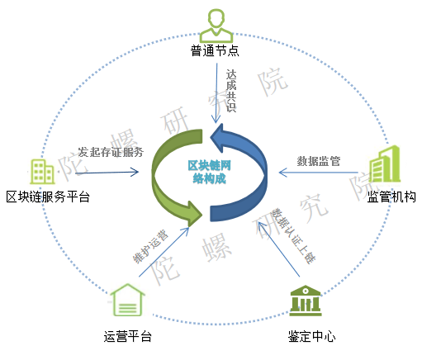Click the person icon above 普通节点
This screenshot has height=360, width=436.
216,26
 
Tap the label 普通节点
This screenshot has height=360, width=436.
215,51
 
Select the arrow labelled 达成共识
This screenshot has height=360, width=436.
216,93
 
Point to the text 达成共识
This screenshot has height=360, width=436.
231,91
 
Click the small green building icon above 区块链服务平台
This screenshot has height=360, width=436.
42,172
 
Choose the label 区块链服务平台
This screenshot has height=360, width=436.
48,197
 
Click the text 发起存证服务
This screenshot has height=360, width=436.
111,152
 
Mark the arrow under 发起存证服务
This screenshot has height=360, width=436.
107,173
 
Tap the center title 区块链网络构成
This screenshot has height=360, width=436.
209,172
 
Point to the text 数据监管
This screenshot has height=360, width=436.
319,161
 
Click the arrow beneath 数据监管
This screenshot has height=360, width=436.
318,173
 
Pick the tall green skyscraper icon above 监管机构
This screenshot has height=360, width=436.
385,164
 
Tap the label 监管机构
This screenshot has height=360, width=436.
391,197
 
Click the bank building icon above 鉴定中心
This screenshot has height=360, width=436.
306,301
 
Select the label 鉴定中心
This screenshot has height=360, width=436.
311,336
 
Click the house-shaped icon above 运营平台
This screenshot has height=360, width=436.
127,300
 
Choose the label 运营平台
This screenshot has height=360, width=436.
128,336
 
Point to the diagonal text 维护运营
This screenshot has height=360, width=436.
150,246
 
